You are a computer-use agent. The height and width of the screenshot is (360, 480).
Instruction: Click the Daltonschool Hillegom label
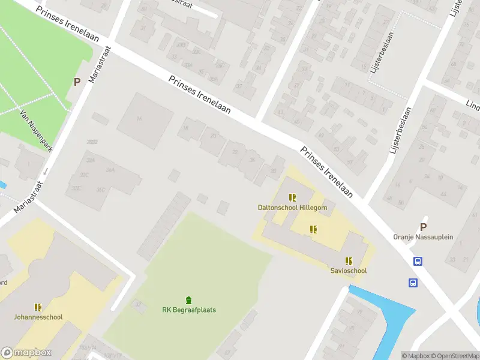click(292, 207)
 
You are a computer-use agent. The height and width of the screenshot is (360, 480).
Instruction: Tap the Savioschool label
click(349, 271)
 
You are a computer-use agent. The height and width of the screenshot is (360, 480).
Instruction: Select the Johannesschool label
click(38, 317)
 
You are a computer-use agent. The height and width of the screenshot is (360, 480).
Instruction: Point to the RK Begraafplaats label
click(189, 310)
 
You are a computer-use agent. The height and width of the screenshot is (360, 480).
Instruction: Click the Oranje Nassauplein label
click(424, 237)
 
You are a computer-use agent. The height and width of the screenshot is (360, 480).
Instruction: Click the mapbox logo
click(26, 353)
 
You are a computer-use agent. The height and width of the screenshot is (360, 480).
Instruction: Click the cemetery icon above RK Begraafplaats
click(189, 300)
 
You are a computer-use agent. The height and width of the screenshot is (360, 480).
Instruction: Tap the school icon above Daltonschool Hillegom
click(292, 197)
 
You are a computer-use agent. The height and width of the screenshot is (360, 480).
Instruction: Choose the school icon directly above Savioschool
click(349, 261)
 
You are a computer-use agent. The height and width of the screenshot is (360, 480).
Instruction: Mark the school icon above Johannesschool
click(38, 307)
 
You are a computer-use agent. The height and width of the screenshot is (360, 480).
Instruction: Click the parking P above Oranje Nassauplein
click(424, 227)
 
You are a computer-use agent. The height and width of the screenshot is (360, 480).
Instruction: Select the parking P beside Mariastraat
click(77, 82)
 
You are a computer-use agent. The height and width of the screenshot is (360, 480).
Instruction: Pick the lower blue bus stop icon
click(413, 283)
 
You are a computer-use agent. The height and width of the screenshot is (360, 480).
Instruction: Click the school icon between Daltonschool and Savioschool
click(313, 229)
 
